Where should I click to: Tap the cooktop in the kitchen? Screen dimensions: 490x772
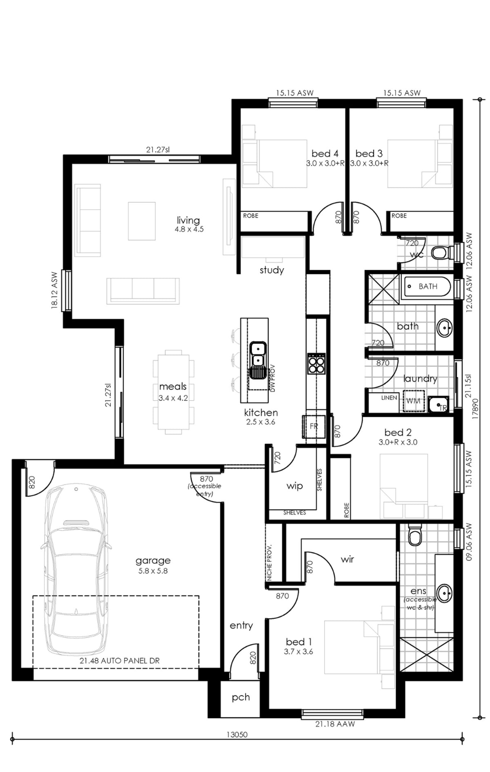316,363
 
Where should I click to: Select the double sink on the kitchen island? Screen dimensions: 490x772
258,355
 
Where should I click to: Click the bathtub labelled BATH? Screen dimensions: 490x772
427,286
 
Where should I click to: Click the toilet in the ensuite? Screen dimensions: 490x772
415,535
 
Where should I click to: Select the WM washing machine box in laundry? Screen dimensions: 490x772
414,401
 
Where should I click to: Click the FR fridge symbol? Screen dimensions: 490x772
314,426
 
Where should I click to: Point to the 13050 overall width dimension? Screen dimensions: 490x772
237,735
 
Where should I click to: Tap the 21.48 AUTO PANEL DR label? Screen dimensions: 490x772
120,661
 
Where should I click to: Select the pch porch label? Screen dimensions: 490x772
241,697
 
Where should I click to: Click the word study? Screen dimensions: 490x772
272,270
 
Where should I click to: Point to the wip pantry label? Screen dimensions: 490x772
294,486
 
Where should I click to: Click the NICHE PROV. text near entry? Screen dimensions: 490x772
269,562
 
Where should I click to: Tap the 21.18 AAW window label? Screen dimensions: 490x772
335,724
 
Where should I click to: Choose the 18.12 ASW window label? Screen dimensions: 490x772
55,290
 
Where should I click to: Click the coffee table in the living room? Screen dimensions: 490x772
142,221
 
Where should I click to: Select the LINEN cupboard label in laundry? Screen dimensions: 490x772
389,397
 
